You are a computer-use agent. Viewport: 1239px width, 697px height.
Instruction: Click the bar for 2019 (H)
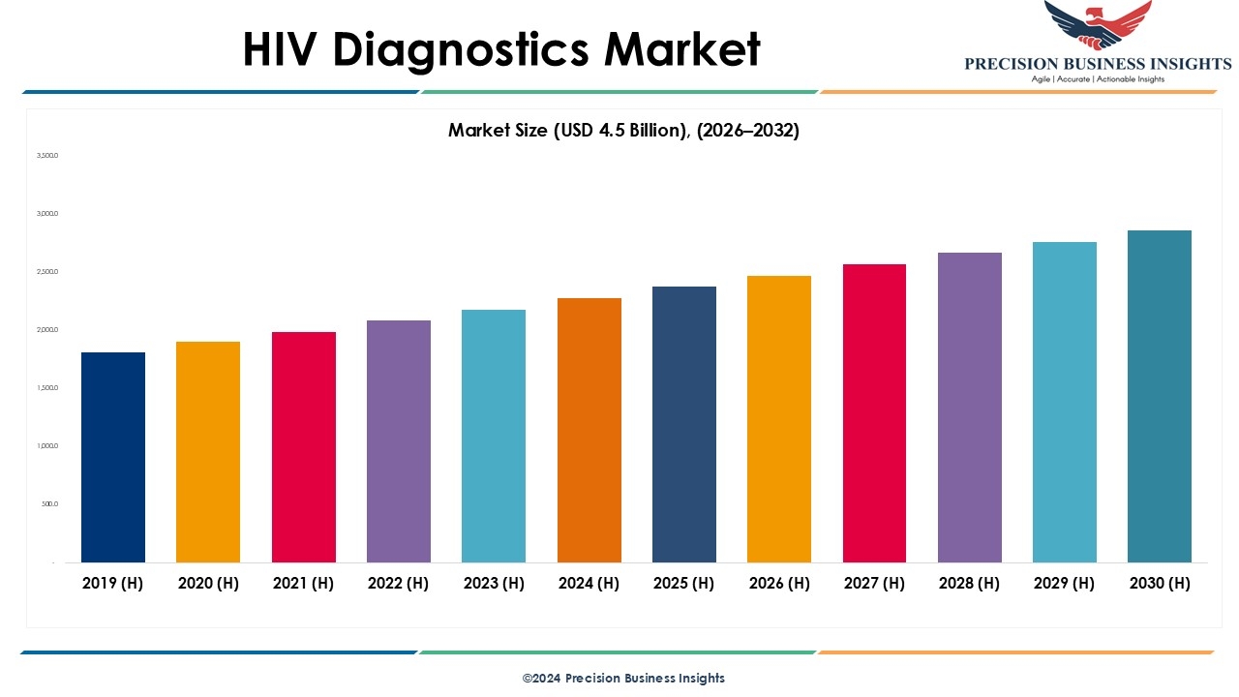click(x=113, y=457)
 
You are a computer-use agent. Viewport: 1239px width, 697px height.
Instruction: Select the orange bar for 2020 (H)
click(x=208, y=452)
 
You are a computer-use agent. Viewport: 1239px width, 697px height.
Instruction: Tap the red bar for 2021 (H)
click(x=304, y=447)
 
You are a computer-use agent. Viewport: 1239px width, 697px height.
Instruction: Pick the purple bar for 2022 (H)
click(x=399, y=441)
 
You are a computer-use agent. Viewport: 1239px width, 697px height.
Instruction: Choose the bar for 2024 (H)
click(x=589, y=430)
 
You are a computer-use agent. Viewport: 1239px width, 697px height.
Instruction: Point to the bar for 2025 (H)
click(x=684, y=424)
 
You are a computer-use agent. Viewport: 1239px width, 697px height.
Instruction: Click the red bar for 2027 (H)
click(x=874, y=413)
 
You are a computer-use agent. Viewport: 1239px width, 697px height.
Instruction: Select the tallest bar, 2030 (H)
click(x=1160, y=397)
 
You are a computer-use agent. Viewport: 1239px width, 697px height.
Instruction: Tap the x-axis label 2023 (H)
click(x=494, y=583)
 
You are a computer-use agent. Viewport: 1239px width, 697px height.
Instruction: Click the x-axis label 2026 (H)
click(x=779, y=583)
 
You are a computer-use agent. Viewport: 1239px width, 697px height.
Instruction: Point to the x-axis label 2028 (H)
click(x=970, y=583)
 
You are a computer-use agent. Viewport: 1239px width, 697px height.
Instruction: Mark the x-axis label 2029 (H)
click(x=1065, y=583)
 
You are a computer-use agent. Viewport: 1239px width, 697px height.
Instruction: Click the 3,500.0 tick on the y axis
click(x=47, y=156)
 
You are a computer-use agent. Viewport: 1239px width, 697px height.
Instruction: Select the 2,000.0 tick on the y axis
click(x=47, y=330)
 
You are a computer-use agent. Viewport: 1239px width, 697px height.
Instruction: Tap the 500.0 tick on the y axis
click(x=49, y=504)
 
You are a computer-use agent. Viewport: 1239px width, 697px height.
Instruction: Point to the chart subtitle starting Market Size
click(x=623, y=131)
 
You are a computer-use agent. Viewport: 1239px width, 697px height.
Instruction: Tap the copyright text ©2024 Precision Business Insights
click(x=623, y=679)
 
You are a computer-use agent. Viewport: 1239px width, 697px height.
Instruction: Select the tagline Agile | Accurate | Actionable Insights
click(x=1098, y=79)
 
